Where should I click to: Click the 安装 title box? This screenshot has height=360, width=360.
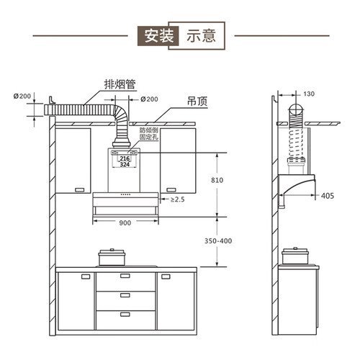[158, 36]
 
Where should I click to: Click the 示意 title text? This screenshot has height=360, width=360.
[201, 36]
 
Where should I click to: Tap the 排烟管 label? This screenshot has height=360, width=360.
[120, 84]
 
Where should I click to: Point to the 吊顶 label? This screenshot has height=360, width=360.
[197, 102]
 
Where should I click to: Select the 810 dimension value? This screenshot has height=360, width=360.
[217, 180]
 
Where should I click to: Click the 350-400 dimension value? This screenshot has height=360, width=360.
[218, 240]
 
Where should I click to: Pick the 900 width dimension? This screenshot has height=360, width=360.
[125, 223]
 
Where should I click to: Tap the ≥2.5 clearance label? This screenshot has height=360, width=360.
[177, 199]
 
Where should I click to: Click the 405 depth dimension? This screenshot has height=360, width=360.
[328, 196]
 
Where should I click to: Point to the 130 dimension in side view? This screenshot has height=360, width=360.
[309, 94]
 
